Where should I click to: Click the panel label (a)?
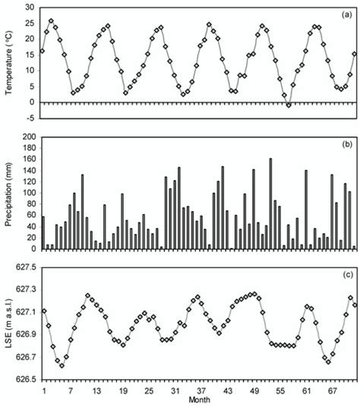click(346, 12)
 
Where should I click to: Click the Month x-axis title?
click(200, 400)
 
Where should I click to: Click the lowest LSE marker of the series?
click(62, 366)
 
